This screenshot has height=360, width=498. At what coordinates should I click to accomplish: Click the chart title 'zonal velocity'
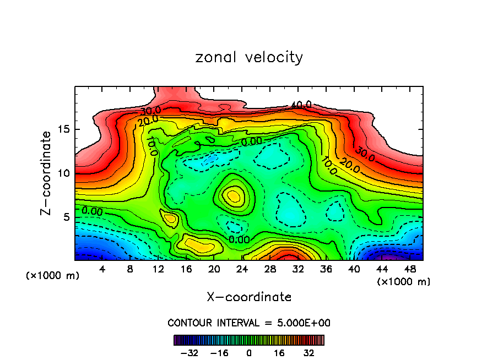point(249,57)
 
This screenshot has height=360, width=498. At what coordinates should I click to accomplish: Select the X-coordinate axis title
point(249,297)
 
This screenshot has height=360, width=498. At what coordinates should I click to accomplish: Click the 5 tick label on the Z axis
point(64,217)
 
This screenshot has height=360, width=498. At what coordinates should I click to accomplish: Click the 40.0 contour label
point(301,105)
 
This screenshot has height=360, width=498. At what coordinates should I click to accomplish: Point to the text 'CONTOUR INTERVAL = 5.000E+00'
point(249,323)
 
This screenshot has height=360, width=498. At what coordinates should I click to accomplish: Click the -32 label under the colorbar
point(189,352)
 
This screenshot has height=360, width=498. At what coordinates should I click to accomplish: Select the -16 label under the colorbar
point(219,352)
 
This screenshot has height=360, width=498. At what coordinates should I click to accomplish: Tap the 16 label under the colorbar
point(279,352)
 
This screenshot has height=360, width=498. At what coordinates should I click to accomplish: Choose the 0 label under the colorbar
point(249,352)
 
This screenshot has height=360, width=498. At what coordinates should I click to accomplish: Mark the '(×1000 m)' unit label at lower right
point(403,282)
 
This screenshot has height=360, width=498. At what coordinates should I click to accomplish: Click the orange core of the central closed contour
point(233,195)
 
